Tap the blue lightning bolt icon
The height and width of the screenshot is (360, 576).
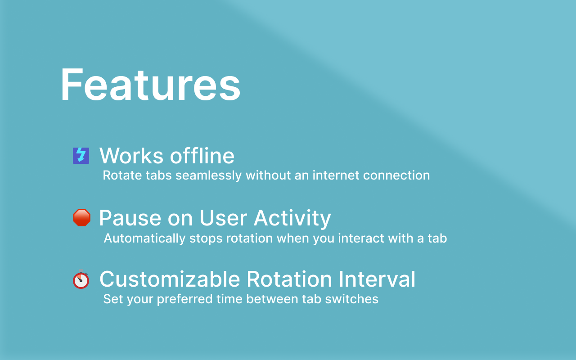pos(81,156)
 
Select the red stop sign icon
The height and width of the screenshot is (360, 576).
pos(82,217)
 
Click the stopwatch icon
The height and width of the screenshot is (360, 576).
pos(81,279)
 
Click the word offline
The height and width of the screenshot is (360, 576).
pos(202,155)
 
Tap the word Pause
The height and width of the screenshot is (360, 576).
pos(130,218)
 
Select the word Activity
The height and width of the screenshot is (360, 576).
pos(292,218)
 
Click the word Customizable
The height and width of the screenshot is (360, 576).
pos(170,279)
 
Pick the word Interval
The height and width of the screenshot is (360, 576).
pos(377,279)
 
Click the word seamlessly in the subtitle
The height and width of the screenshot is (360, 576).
pos(208,175)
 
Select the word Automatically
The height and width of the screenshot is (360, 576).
pos(144,238)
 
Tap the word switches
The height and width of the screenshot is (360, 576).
pos(351,299)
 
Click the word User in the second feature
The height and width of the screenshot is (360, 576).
pos(223,218)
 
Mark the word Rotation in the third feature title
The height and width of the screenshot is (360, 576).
pos(289,279)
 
